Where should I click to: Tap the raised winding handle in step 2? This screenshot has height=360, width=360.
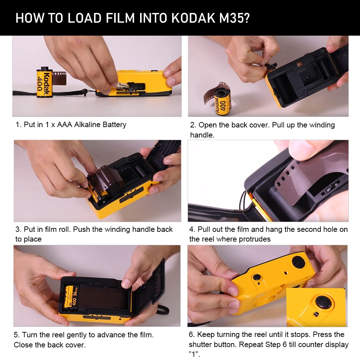tap(271, 66)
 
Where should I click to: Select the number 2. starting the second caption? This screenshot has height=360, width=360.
tap(193, 125)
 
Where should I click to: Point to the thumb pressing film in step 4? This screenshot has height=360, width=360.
tap(306, 148)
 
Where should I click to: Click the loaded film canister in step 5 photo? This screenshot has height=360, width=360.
tap(71, 296)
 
